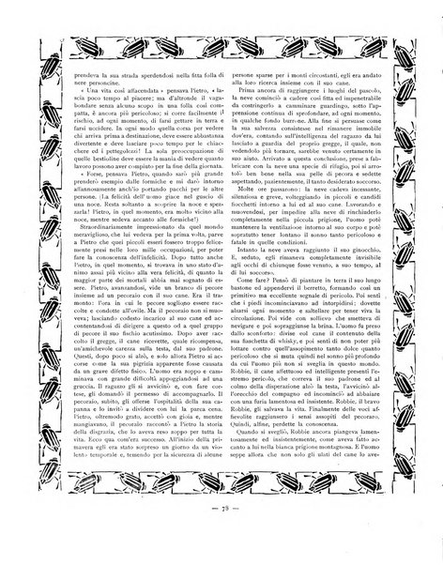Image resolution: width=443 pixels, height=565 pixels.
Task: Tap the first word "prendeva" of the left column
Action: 72,71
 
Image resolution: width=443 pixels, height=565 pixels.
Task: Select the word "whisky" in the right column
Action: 310,371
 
